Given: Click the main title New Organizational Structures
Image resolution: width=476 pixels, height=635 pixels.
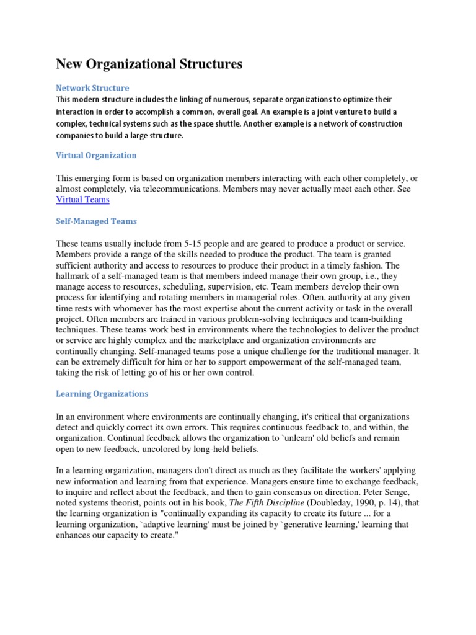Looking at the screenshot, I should coord(149,64).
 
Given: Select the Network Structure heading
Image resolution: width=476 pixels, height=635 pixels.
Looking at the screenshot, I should coord(92,88).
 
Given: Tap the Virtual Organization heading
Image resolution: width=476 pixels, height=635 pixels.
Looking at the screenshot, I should coord(96,155).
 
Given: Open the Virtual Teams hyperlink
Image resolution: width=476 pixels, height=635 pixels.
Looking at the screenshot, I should coord(82,200).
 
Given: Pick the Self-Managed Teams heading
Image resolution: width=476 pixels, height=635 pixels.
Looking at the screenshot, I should coord(96,221).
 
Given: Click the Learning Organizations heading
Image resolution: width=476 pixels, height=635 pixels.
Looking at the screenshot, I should coord(102,394).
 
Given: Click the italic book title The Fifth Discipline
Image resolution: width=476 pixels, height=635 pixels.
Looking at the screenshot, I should coord(268,503).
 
